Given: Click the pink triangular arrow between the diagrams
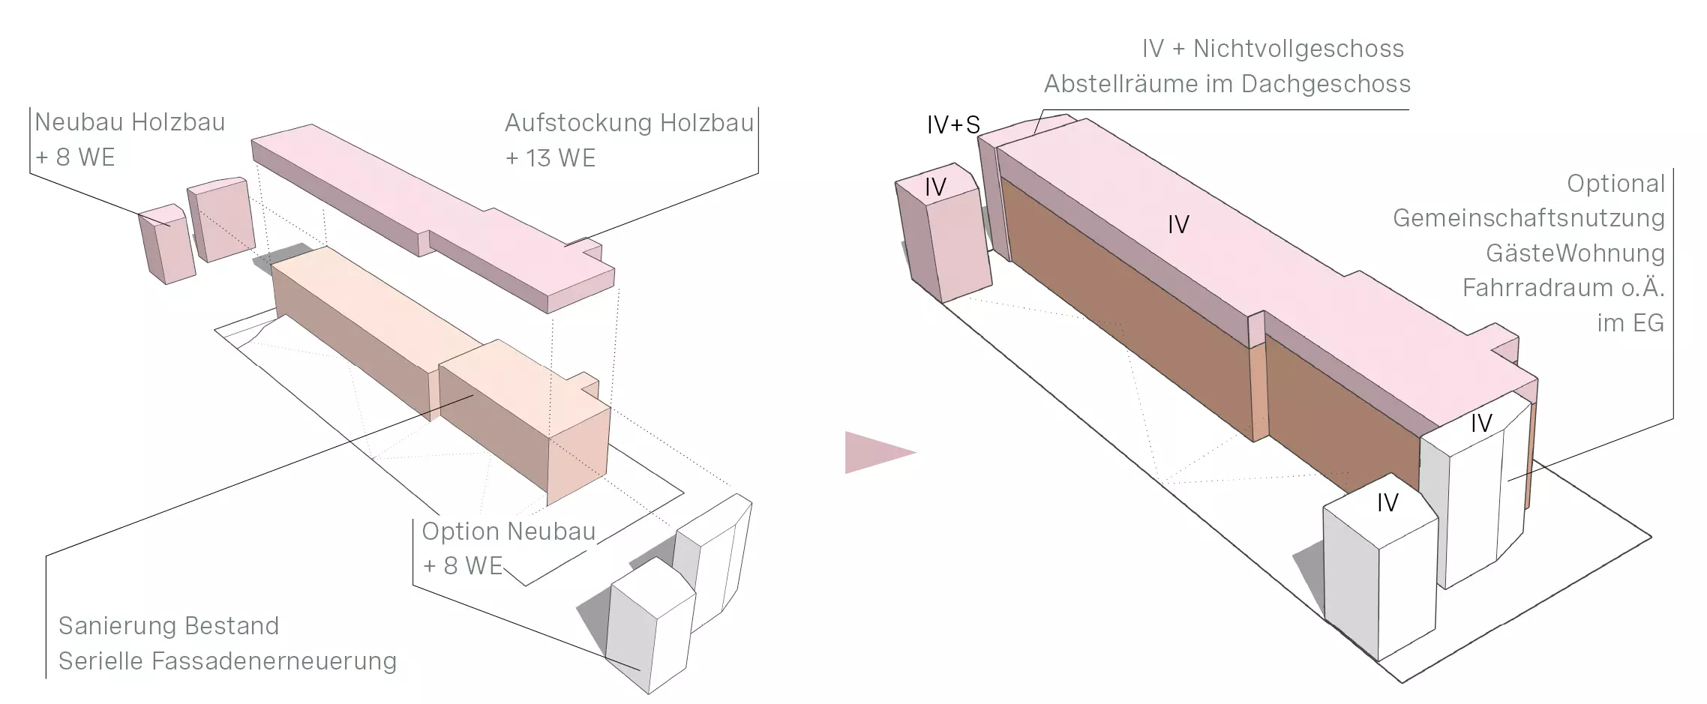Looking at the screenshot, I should click(876, 452).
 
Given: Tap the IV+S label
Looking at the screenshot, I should click(953, 125).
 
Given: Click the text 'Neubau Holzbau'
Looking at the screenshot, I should click(130, 122).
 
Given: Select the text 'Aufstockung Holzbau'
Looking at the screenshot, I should click(628, 123).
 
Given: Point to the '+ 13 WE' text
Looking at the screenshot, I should click(550, 158).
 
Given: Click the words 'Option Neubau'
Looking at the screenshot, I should click(508, 531).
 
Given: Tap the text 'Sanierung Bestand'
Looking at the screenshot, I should click(169, 625).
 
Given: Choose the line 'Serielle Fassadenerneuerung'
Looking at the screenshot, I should click(227, 661).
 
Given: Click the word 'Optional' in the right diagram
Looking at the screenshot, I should click(1615, 184).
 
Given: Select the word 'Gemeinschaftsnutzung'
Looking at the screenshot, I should click(1528, 218).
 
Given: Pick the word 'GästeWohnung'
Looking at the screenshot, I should click(1575, 253).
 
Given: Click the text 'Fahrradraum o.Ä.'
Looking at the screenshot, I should click(1563, 288).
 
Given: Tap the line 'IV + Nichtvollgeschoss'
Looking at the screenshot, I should click(1273, 49).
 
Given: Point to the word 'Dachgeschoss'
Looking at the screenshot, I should click(1326, 84).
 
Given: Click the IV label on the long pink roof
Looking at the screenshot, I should click(1178, 224).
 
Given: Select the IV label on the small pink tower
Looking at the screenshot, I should click(935, 187).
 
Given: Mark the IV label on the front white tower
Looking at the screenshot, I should click(1387, 502).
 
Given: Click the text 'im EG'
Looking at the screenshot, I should click(1630, 323).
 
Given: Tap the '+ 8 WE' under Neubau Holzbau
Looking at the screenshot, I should click(75, 157).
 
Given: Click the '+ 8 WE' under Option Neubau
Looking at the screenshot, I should click(463, 565).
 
